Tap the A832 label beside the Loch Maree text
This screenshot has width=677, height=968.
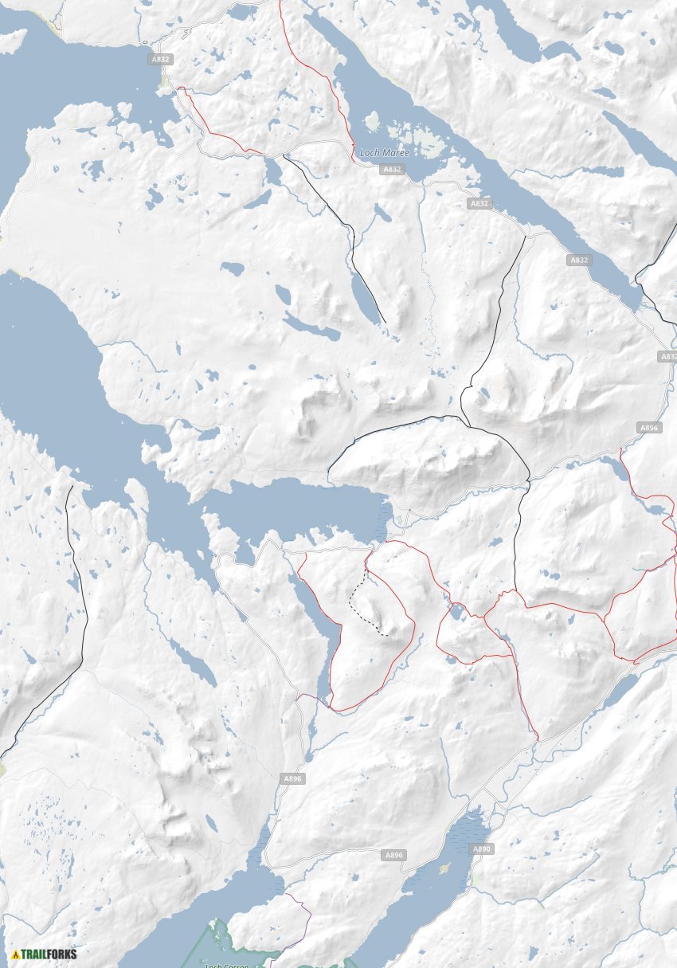[x=392, y=169]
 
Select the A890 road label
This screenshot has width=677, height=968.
[x=483, y=849]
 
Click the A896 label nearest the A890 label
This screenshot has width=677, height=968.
[x=395, y=855]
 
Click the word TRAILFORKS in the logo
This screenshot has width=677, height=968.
[x=49, y=954]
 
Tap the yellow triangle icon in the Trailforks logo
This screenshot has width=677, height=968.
[x=15, y=954]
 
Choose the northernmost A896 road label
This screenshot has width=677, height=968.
[x=650, y=428]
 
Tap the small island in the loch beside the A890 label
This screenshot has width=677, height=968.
[x=444, y=868]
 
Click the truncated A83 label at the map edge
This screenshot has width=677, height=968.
[x=667, y=356]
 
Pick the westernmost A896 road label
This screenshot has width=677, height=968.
[x=292, y=778]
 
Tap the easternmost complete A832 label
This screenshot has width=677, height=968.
[x=579, y=260]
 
